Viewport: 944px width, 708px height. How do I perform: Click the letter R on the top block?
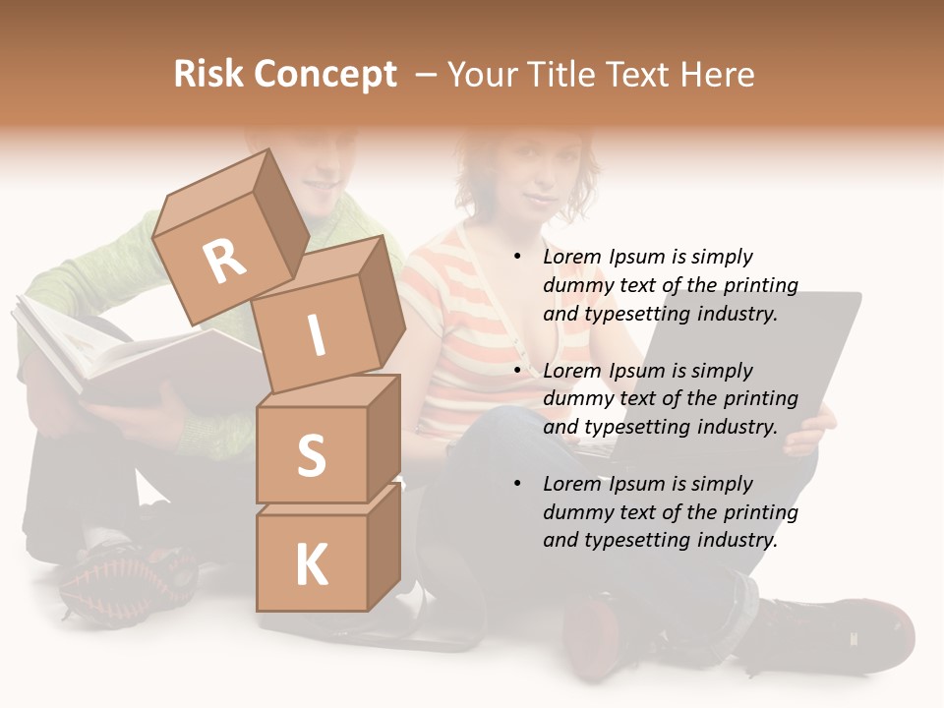(224, 261)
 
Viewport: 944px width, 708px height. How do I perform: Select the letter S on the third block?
(311, 455)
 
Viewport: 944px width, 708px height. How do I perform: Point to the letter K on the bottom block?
(311, 565)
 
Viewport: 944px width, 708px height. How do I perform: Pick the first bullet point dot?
(517, 258)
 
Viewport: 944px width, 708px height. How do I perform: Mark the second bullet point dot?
(517, 371)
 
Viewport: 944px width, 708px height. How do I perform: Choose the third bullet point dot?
(517, 484)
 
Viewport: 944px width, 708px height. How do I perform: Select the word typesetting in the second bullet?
(633, 427)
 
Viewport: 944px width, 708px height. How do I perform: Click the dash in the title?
(427, 74)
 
